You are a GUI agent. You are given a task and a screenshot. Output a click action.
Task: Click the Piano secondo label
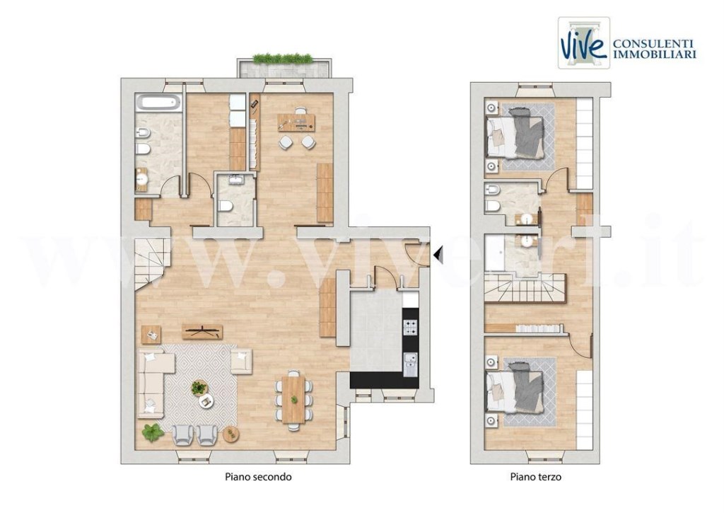point(258,478)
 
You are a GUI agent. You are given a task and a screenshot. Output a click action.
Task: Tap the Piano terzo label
point(536,478)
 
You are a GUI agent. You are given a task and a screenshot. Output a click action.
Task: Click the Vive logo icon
point(583,42)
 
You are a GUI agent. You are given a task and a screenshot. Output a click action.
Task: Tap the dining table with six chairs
point(293,399)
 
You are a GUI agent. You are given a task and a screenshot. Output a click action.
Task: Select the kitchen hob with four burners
point(410,327)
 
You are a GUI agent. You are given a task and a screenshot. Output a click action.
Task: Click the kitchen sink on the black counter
point(410,364)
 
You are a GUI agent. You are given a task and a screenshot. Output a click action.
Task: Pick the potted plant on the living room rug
point(199,388)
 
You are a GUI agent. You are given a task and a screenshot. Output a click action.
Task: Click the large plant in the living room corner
point(152,431)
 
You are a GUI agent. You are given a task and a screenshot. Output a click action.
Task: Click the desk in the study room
point(296,124)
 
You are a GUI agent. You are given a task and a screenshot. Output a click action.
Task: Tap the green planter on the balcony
point(283,59)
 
